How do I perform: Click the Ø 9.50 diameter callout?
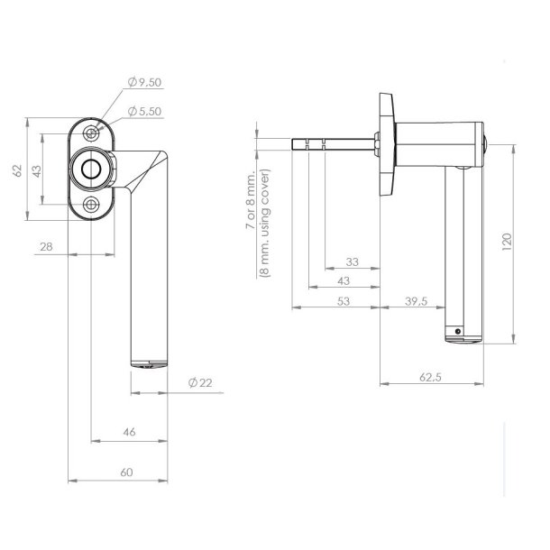[x=144, y=82]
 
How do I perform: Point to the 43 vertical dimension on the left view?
[x=38, y=170]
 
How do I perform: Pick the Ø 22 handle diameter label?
[x=200, y=383]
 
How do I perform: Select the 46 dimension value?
[x=129, y=433]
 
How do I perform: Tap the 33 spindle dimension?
[x=353, y=262]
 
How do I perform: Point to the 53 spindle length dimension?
[x=343, y=302]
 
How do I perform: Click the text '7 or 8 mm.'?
[x=250, y=202]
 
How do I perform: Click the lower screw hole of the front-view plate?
[x=93, y=205]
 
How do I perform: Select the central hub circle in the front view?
[x=92, y=169]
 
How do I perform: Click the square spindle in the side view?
[x=329, y=142]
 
